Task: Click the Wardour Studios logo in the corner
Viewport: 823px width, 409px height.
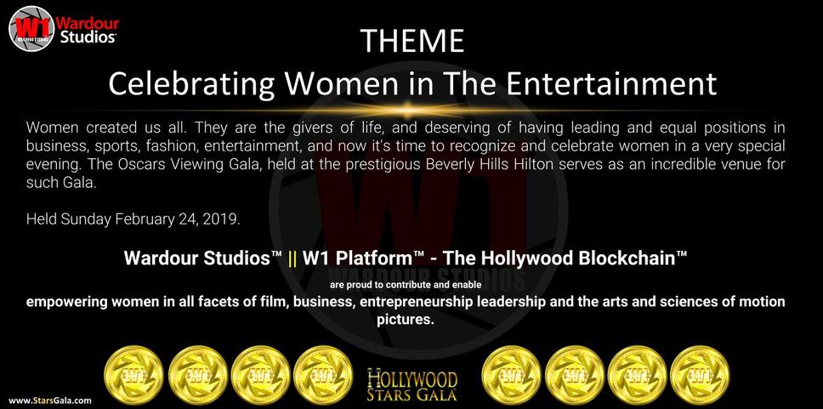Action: pyautogui.click(x=64, y=28)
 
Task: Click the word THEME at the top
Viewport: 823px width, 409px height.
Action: pyautogui.click(x=412, y=41)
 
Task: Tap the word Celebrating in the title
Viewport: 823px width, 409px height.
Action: pyautogui.click(x=191, y=84)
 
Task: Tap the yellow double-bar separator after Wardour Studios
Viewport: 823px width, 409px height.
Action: pyautogui.click(x=292, y=258)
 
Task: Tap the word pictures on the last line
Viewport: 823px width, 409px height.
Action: pyautogui.click(x=406, y=320)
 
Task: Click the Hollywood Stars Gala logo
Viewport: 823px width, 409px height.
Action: pyautogui.click(x=412, y=384)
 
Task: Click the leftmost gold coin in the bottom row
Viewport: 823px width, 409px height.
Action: pyautogui.click(x=133, y=375)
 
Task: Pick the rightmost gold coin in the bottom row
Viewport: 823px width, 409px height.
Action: pyautogui.click(x=700, y=375)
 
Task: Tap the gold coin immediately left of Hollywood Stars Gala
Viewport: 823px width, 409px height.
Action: pyautogui.click(x=322, y=375)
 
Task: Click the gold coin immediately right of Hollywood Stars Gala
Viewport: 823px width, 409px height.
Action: pyautogui.click(x=511, y=375)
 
